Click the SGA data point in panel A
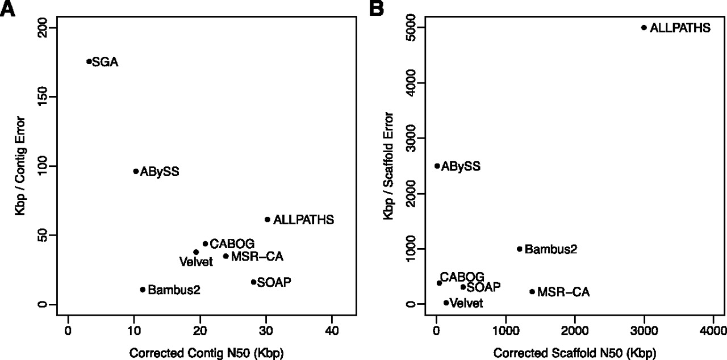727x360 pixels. point(89,61)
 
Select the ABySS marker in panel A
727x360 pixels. point(136,171)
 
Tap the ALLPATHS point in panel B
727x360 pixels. point(644,27)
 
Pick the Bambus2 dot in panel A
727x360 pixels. point(143,290)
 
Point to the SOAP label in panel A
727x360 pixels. point(274,282)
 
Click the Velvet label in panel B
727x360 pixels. point(466,303)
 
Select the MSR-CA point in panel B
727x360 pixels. point(532,292)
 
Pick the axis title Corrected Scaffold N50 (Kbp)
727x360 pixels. point(568,353)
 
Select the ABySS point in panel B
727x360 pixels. point(437,166)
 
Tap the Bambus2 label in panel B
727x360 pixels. point(550,249)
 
